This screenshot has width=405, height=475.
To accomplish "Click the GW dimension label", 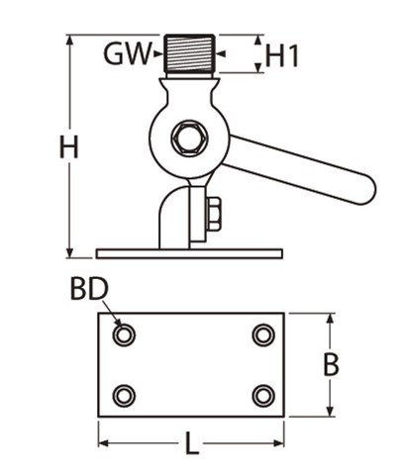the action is [x=127, y=53].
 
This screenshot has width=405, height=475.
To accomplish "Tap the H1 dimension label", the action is [x=282, y=56].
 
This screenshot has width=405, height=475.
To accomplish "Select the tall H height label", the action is [x=68, y=146].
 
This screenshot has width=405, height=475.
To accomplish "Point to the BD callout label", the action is [x=89, y=289].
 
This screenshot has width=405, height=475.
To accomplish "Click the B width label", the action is [x=331, y=364].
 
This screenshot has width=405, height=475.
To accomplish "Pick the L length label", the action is [x=191, y=443].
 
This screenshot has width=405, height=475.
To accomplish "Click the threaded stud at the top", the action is [x=189, y=53].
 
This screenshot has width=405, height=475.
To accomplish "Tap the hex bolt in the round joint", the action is [x=189, y=138].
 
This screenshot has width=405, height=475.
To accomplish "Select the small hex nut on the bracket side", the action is [x=213, y=214].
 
